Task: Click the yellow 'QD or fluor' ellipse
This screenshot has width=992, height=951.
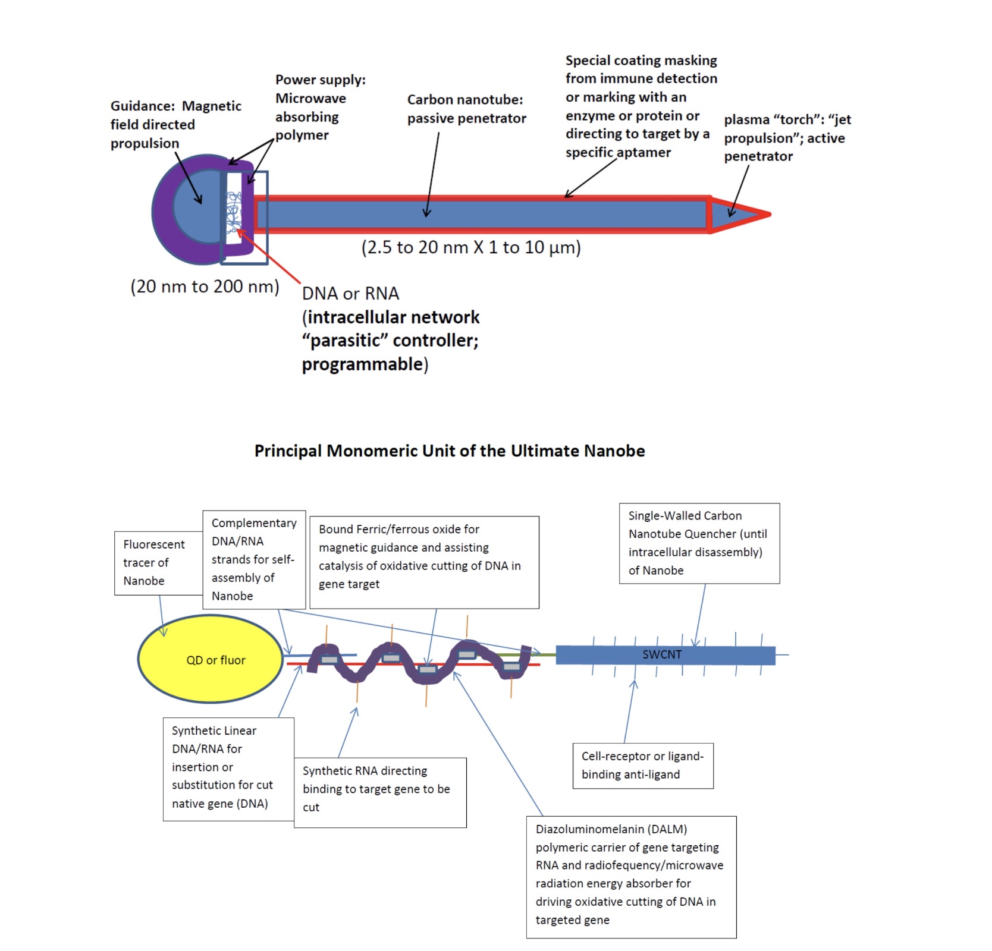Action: pyautogui.click(x=210, y=659)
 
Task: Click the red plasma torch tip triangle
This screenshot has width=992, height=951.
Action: pyautogui.click(x=737, y=214)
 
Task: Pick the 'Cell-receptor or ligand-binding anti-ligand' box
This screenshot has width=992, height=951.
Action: pyautogui.click(x=642, y=765)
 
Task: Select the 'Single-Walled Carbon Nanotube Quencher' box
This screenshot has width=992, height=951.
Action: pyautogui.click(x=699, y=543)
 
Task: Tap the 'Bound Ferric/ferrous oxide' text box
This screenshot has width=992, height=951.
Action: pyautogui.click(x=423, y=561)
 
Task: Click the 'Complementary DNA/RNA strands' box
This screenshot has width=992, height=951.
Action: pyautogui.click(x=254, y=559)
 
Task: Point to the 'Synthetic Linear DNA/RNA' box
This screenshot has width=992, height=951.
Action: pyautogui.click(x=228, y=769)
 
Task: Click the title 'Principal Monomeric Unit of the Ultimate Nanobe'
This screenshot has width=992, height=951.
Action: pyautogui.click(x=450, y=451)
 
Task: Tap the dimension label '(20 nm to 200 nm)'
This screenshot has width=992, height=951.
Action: pyautogui.click(x=205, y=286)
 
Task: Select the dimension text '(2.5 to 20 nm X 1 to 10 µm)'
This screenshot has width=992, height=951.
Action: pyautogui.click(x=471, y=247)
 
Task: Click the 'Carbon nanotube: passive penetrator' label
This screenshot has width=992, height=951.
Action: pyautogui.click(x=466, y=109)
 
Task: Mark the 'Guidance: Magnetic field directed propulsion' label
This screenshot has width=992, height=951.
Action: pyautogui.click(x=175, y=124)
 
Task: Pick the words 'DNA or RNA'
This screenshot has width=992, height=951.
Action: pyautogui.click(x=350, y=294)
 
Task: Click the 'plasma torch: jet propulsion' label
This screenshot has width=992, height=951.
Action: pyautogui.click(x=787, y=138)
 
